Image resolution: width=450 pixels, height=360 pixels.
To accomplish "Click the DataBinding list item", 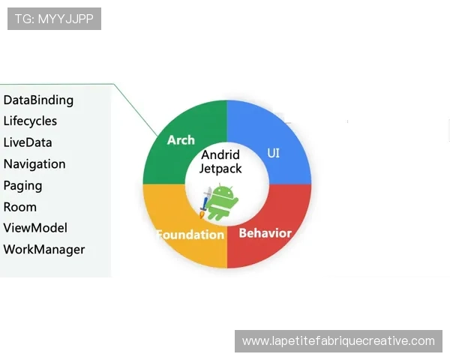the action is (38, 100).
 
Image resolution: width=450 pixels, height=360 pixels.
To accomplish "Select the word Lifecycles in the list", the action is (30, 121).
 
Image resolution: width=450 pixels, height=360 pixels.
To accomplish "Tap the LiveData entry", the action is (28, 142).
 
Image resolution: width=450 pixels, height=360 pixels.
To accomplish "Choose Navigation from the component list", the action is (34, 164).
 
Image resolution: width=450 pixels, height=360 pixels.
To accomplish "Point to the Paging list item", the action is (23, 186).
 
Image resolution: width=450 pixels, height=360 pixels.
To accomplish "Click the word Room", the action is (20, 207).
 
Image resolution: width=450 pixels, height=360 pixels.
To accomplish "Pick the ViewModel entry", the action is (35, 228).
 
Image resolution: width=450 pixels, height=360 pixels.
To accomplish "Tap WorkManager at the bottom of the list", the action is (44, 250).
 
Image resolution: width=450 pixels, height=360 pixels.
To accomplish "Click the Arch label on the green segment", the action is (181, 140).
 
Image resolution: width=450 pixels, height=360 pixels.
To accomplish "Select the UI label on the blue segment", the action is (273, 153).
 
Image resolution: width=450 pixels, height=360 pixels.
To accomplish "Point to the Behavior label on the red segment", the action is (265, 233).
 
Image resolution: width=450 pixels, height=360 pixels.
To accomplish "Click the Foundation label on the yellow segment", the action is (190, 235).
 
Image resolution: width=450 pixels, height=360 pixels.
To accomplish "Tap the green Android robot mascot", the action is (221, 202).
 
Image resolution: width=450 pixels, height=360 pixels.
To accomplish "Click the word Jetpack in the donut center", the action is (220, 169).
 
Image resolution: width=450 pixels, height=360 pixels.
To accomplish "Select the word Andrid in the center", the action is (220, 154).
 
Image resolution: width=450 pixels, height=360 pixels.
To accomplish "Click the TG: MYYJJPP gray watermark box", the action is (54, 19).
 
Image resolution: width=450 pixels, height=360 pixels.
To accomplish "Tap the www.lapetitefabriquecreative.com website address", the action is (338, 341).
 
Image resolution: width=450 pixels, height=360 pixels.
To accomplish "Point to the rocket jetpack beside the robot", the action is (205, 202).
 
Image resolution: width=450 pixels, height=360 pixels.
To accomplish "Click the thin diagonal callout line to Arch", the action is (136, 109).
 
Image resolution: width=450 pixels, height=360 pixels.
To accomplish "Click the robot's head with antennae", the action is (221, 191).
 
